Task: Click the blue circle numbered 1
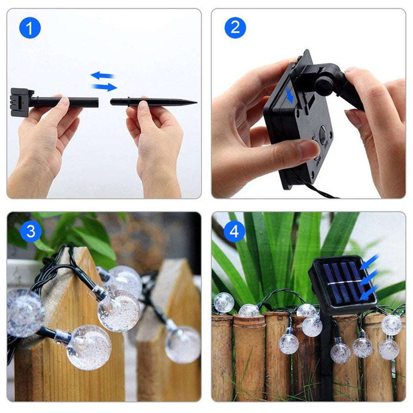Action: (30, 28)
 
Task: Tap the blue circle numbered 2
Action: (235, 28)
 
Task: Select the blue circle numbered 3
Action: (31, 231)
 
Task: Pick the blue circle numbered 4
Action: (235, 231)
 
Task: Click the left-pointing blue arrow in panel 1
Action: (102, 75)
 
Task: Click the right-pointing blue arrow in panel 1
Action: (104, 87)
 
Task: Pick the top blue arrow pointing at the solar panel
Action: (370, 261)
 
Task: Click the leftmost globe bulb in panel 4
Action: (224, 303)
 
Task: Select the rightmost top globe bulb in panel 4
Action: (391, 325)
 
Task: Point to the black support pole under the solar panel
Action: (327, 355)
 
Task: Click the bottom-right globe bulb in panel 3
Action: (183, 344)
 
